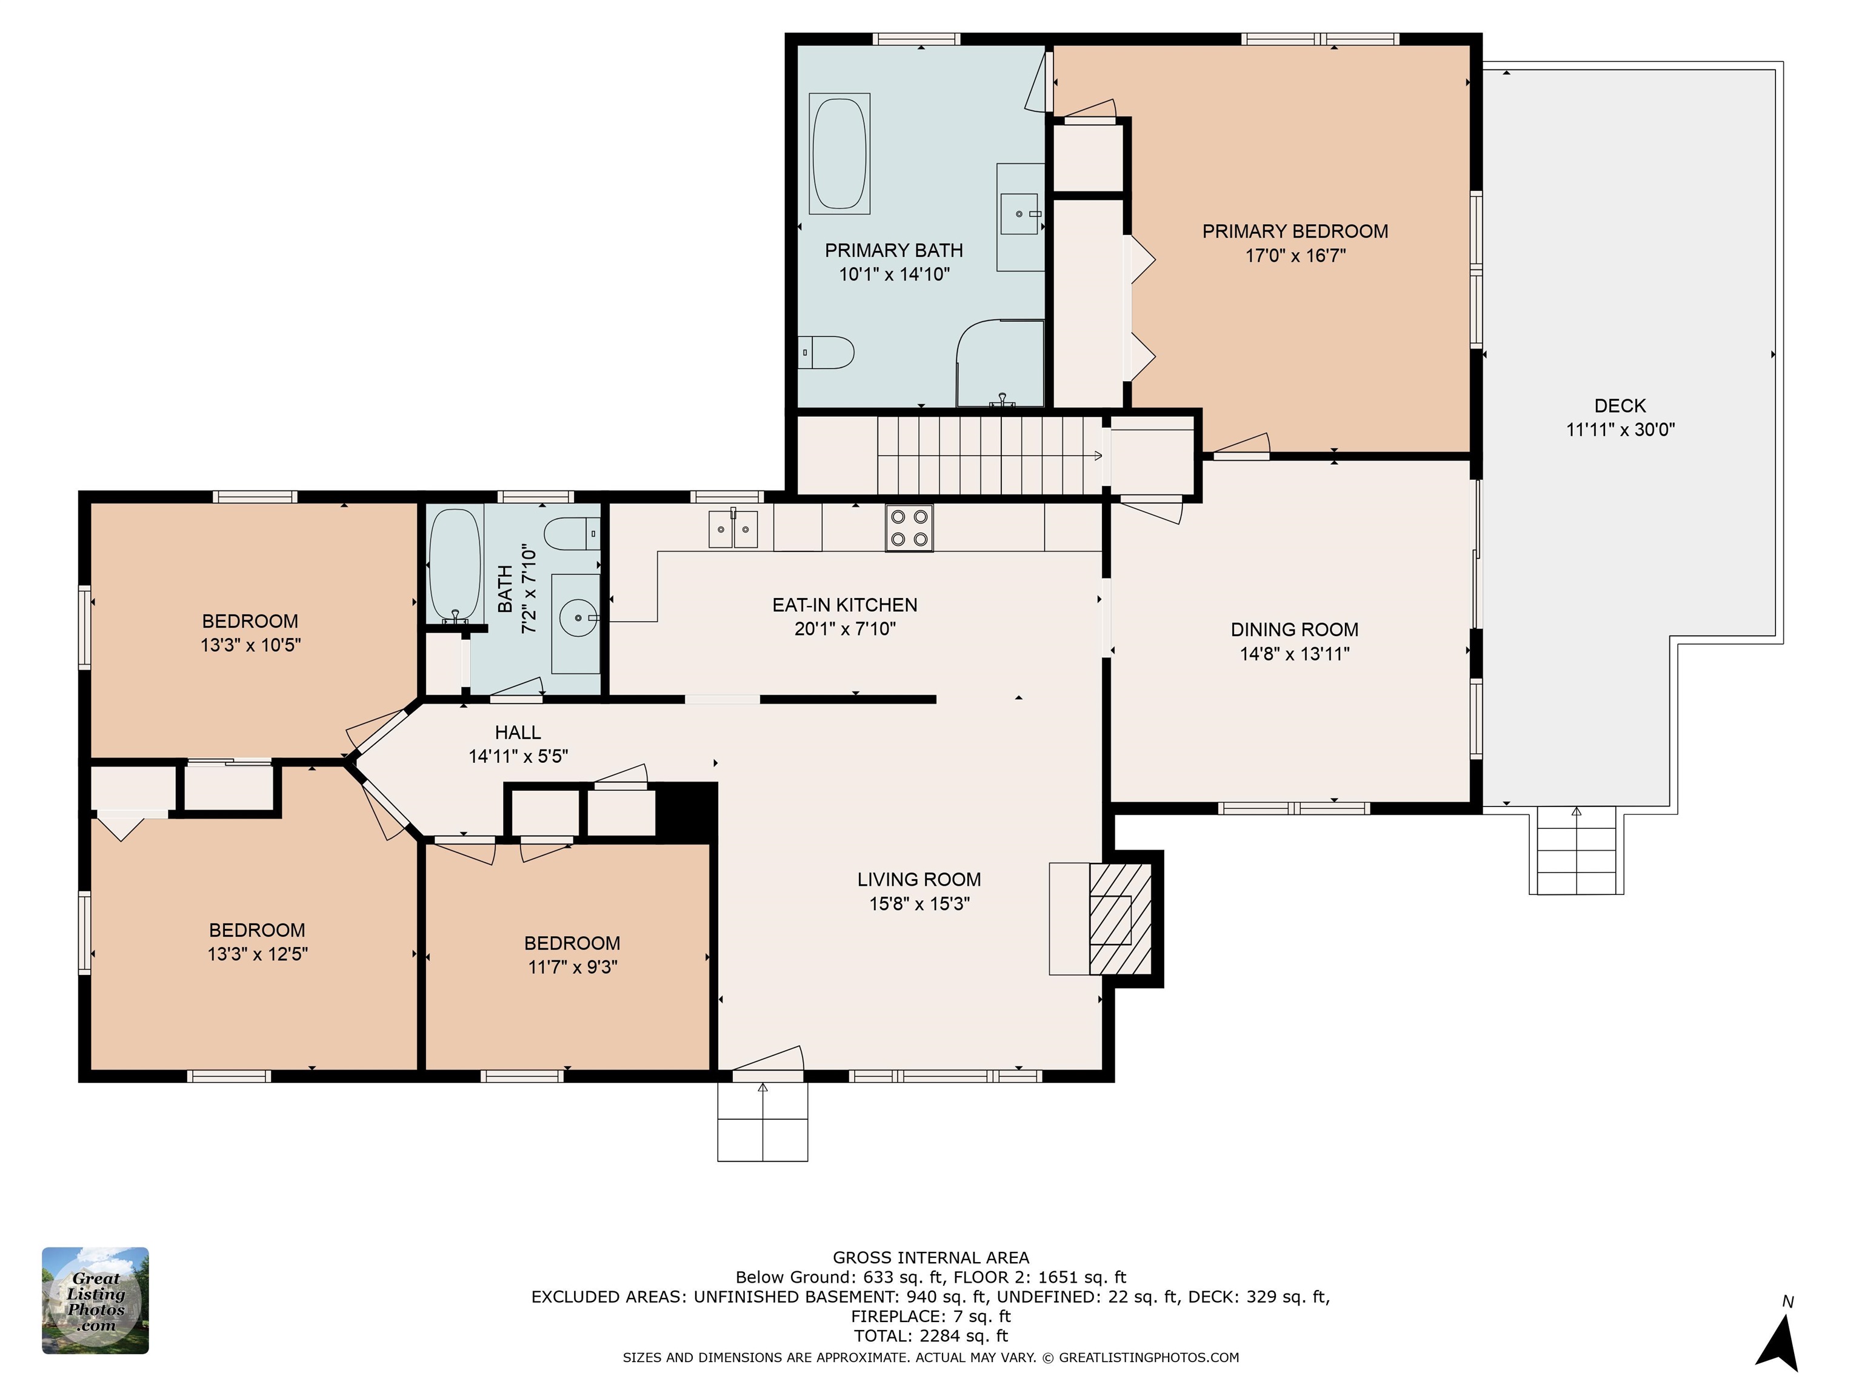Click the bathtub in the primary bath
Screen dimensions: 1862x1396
pyautogui.click(x=839, y=153)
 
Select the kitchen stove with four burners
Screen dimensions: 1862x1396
pyautogui.click(x=909, y=528)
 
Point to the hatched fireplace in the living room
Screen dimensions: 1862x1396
pyautogui.click(x=1120, y=919)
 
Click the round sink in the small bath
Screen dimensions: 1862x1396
pyautogui.click(x=578, y=619)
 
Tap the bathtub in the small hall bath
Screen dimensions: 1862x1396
pyautogui.click(x=455, y=565)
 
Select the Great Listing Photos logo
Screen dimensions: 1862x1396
pyautogui.click(x=95, y=1300)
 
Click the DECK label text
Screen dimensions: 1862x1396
pyautogui.click(x=1620, y=405)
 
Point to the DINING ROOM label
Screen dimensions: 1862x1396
pyautogui.click(x=1295, y=630)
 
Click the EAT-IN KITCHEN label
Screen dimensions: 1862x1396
pyautogui.click(x=845, y=605)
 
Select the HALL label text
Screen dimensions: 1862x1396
pyautogui.click(x=518, y=732)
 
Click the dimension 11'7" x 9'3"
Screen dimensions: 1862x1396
pyautogui.click(x=572, y=967)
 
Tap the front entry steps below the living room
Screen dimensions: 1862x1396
pyautogui.click(x=762, y=1121)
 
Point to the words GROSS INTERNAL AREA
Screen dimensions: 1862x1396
pyautogui.click(x=931, y=1257)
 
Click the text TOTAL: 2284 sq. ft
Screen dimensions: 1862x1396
pyautogui.click(x=931, y=1335)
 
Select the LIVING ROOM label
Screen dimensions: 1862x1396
pyautogui.click(x=919, y=879)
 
